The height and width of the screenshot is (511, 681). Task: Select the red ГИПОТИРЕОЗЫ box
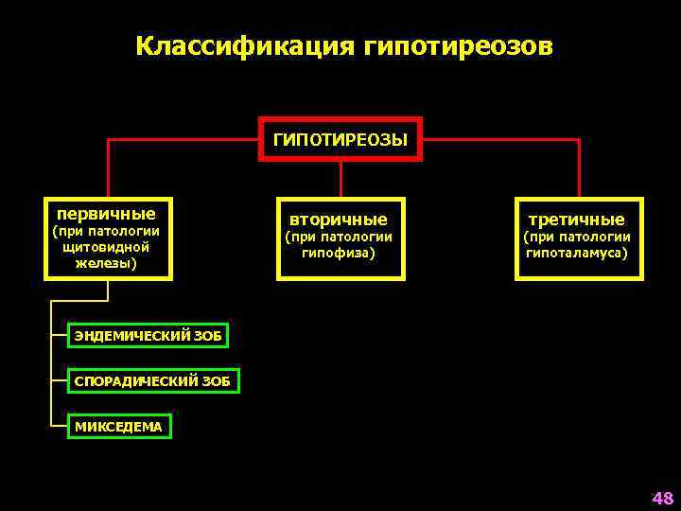pyautogui.click(x=340, y=140)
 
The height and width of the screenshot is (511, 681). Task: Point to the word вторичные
pyautogui.click(x=340, y=219)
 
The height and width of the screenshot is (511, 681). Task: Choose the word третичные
pyautogui.click(x=578, y=219)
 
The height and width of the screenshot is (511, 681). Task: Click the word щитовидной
pyautogui.click(x=107, y=246)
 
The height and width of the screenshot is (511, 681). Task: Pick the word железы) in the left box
pyautogui.click(x=107, y=262)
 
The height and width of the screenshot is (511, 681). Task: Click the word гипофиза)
pyautogui.click(x=340, y=253)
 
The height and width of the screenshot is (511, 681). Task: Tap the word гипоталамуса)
pyautogui.click(x=578, y=253)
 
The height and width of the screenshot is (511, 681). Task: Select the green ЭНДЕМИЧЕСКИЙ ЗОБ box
pyautogui.click(x=151, y=335)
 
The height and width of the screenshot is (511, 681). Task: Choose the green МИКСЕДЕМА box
pyautogui.click(x=119, y=427)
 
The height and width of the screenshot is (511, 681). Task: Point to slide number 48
pyautogui.click(x=661, y=498)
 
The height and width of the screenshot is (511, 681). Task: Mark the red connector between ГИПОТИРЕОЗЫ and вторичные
pyautogui.click(x=340, y=179)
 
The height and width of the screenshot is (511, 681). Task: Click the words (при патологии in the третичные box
pyautogui.click(x=578, y=237)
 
